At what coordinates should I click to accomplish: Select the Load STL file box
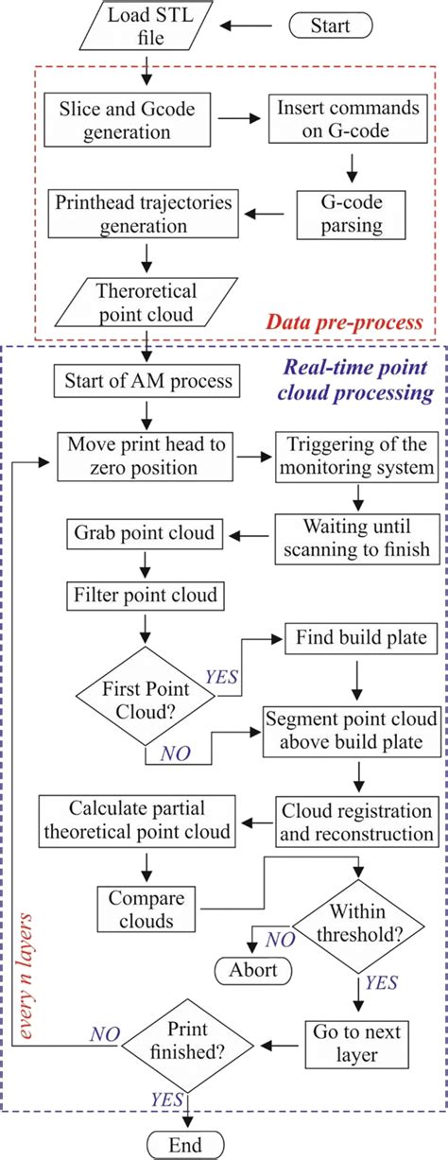[148, 26]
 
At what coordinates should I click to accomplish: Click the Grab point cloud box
[134, 532]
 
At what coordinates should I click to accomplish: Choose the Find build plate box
[353, 638]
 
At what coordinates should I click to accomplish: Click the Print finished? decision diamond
[189, 1047]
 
